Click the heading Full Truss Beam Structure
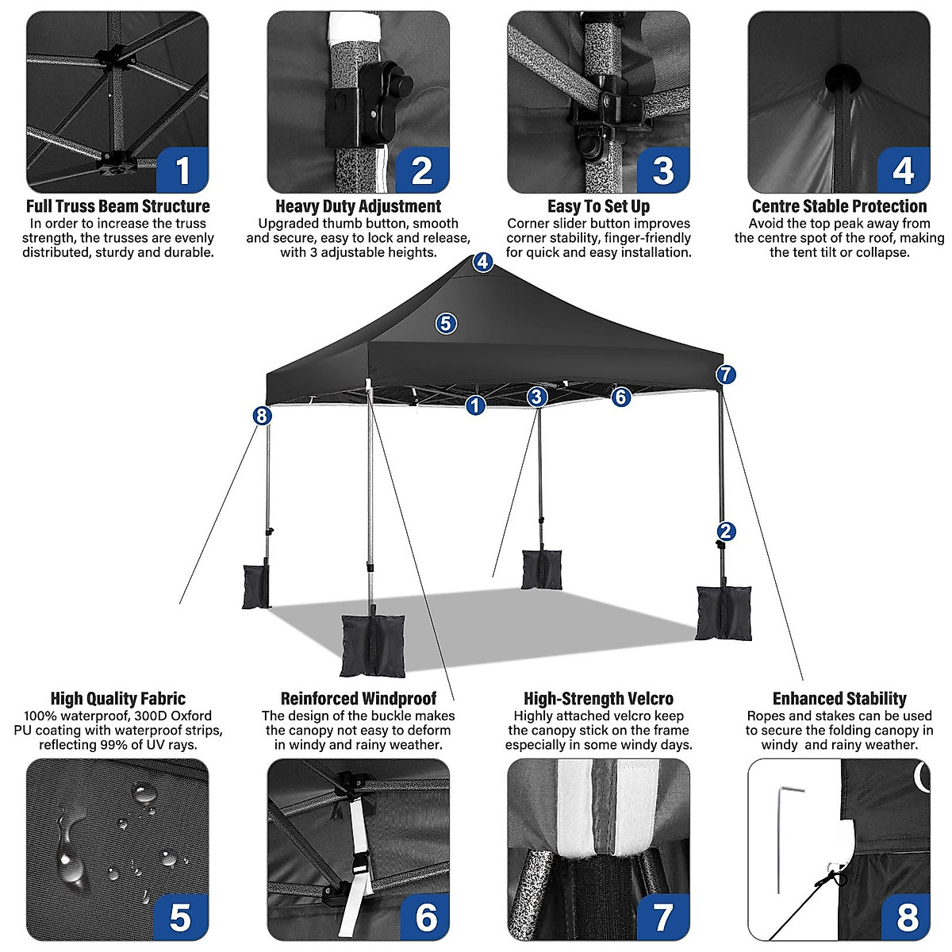tap(117, 206)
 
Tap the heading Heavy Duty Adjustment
tap(358, 206)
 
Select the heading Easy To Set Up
tap(598, 206)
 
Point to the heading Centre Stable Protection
tap(839, 206)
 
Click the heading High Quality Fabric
tap(117, 699)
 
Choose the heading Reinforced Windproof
tap(358, 699)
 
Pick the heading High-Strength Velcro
tap(598, 699)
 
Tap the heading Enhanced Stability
tap(839, 699)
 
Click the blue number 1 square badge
tap(182, 170)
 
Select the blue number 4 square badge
tap(903, 170)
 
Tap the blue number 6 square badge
tap(426, 916)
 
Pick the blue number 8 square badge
tap(907, 916)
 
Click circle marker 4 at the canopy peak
tap(483, 262)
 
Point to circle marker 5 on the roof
tap(446, 323)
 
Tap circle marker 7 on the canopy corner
tap(725, 374)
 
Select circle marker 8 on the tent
tap(262, 415)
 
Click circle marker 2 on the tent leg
tap(725, 532)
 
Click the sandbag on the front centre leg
tap(367, 644)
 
